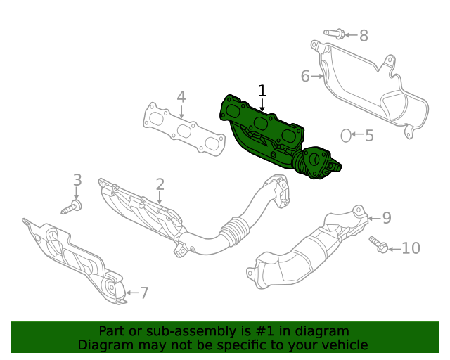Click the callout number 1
click(262, 91)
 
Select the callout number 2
click(160, 184)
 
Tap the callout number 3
click(77, 180)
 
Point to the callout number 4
click(181, 97)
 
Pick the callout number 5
click(369, 134)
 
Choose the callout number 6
click(305, 75)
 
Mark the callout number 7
click(144, 292)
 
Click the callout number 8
click(364, 35)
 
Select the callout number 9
click(387, 218)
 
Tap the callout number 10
click(411, 247)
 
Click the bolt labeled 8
click(335, 33)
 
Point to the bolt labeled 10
click(377, 244)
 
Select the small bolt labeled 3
click(72, 207)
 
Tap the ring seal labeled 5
click(346, 134)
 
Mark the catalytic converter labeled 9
click(309, 250)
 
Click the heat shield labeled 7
click(70, 257)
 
